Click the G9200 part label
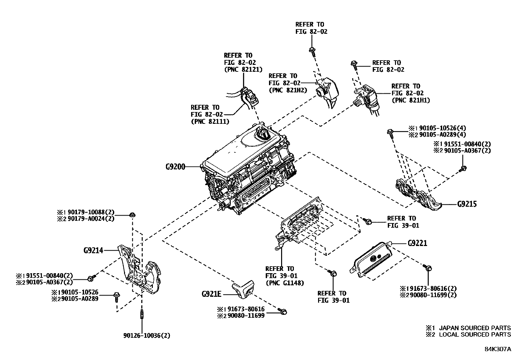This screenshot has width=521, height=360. (x=175, y=167)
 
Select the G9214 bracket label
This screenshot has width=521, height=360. (x=93, y=251)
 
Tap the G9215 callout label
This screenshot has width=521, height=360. (x=467, y=204)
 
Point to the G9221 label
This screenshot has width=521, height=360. (x=417, y=243)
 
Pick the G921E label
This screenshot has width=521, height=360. (x=212, y=294)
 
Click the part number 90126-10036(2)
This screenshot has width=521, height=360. (x=147, y=335)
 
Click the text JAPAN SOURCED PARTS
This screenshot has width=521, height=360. (x=475, y=328)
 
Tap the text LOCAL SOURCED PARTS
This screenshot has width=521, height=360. (x=475, y=334)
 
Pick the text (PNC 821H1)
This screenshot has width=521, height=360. (x=411, y=100)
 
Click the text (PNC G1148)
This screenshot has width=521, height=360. (x=285, y=283)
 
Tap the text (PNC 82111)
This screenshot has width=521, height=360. (x=210, y=122)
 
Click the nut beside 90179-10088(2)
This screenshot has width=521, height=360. (x=132, y=215)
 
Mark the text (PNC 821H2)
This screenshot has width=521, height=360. (x=288, y=90)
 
